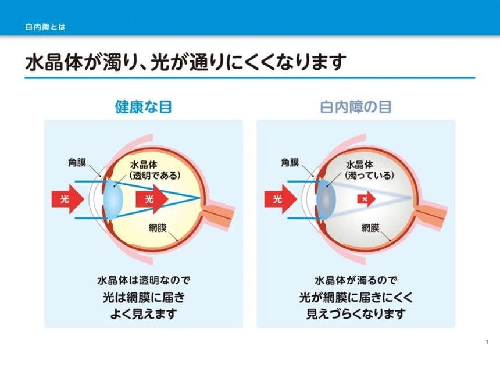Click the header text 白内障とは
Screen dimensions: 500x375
pyautogui.click(x=45, y=27)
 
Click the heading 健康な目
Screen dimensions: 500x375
pyautogui.click(x=144, y=107)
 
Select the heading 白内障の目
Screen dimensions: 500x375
pyautogui.click(x=356, y=107)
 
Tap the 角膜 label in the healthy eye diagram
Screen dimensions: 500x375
pyautogui.click(x=77, y=163)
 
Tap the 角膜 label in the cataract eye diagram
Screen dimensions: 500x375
pyautogui.click(x=290, y=163)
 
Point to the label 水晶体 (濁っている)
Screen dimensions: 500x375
pyautogui.click(x=370, y=170)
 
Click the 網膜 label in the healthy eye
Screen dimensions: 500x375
pyautogui.click(x=158, y=228)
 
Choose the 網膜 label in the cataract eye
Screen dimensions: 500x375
pyautogui.click(x=370, y=228)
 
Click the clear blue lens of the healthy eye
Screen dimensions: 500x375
pyautogui.click(x=113, y=199)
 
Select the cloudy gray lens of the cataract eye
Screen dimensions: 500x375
pyautogui.click(x=326, y=199)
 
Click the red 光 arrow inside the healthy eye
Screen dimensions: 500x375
pyautogui.click(x=152, y=199)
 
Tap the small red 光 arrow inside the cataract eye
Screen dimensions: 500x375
pyautogui.click(x=367, y=199)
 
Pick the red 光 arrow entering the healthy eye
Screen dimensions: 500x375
pyautogui.click(x=67, y=199)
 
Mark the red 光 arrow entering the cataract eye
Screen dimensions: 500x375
pyautogui.click(x=280, y=199)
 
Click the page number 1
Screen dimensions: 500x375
pyautogui.click(x=487, y=342)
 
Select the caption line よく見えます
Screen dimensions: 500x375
pyautogui.click(x=144, y=314)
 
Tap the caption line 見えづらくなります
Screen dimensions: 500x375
pyautogui.click(x=356, y=314)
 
